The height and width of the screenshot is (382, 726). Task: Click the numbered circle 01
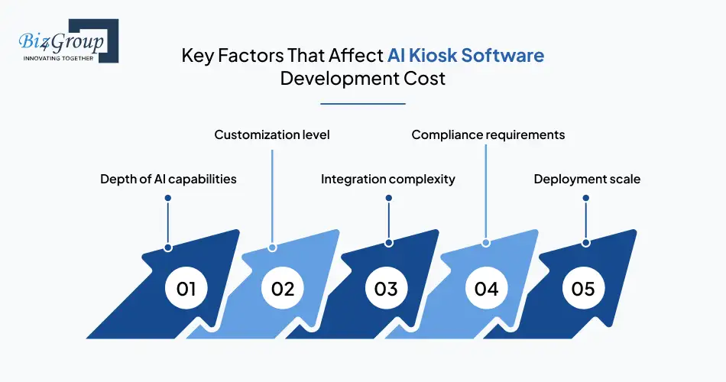186,289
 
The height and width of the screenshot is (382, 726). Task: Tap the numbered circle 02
283,289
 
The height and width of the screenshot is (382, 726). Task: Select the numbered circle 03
386,289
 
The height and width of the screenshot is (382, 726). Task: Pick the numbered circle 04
486,289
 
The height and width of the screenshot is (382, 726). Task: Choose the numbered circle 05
583,289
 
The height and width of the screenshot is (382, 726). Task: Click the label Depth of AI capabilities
168,179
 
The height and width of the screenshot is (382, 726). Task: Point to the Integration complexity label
387,179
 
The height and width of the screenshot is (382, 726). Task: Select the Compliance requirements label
488,134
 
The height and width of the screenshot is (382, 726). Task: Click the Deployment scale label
587,179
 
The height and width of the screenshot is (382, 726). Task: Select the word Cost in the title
426,79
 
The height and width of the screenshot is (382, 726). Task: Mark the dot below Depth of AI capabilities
167,198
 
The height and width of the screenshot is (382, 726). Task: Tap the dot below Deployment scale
586,198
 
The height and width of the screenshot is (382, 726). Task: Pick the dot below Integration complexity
388,198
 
